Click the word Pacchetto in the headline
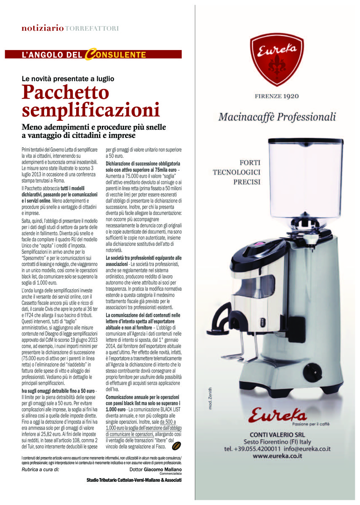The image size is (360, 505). coord(65,93)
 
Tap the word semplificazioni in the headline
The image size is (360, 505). coord(91,110)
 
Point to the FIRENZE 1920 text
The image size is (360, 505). coord(277,96)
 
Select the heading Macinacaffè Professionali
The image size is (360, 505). coord(277,117)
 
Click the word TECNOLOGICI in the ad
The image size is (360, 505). coord(237,172)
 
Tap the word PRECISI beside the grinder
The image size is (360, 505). coord(247,182)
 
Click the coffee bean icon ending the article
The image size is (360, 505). coord(177,446)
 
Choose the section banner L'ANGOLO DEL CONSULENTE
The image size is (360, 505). coord(93,55)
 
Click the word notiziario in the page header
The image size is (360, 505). coord(43,29)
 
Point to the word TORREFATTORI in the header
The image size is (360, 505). coord(92,29)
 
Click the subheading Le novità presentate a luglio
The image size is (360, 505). coord(68,78)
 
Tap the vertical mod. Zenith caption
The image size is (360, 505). coord(211,398)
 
